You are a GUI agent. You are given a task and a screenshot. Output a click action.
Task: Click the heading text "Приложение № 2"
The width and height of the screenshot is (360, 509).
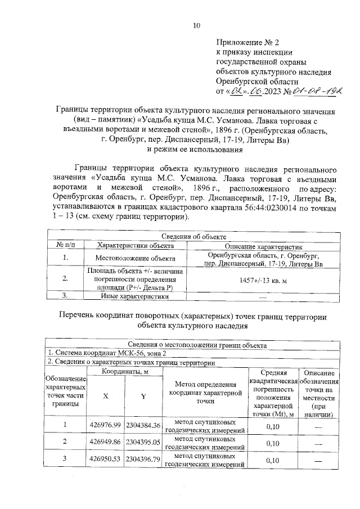248,42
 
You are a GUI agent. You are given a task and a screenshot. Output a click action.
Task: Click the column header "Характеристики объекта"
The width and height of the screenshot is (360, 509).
134,246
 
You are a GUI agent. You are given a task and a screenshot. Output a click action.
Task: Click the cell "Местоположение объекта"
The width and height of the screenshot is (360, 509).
134,259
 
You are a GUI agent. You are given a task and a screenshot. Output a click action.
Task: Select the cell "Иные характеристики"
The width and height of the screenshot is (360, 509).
134,295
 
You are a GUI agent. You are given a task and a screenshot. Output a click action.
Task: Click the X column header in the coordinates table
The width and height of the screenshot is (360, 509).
105,396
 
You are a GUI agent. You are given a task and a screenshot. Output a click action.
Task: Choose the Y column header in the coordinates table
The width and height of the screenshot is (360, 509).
143,396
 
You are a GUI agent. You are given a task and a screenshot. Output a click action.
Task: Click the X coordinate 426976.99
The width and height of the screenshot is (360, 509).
105,425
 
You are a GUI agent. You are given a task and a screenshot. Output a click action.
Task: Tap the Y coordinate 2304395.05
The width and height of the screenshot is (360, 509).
143,443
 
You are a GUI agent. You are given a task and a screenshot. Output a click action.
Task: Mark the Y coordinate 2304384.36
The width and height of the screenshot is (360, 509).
143,425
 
